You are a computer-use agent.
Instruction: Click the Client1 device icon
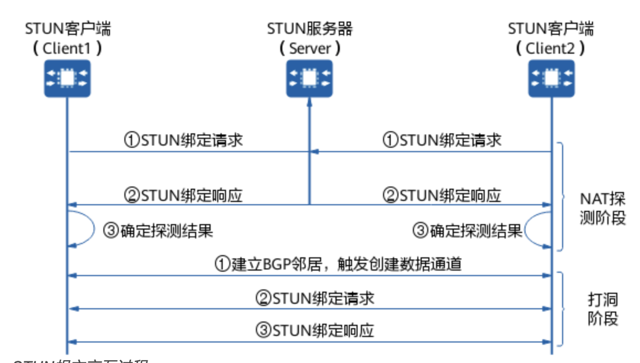tap(67, 79)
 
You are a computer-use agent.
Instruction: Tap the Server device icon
tap(309, 79)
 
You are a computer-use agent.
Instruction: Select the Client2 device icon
tap(551, 79)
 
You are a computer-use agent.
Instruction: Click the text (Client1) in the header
tap(67, 48)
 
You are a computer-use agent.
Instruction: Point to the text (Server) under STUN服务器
tap(309, 48)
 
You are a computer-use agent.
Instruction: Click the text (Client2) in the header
tap(550, 48)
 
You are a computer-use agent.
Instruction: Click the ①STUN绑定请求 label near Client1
tap(183, 140)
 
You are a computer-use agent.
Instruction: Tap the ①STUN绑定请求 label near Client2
tap(442, 140)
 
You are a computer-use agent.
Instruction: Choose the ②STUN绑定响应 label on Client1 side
tap(183, 195)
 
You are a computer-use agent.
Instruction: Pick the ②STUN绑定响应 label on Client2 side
tap(442, 195)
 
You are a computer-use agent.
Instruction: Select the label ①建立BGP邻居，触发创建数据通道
tap(338, 265)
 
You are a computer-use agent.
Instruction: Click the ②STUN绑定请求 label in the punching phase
tap(314, 298)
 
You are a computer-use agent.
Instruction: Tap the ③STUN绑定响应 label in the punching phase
tap(314, 331)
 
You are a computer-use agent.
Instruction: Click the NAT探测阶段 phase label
tap(603, 208)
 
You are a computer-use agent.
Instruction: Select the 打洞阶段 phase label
tap(602, 309)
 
